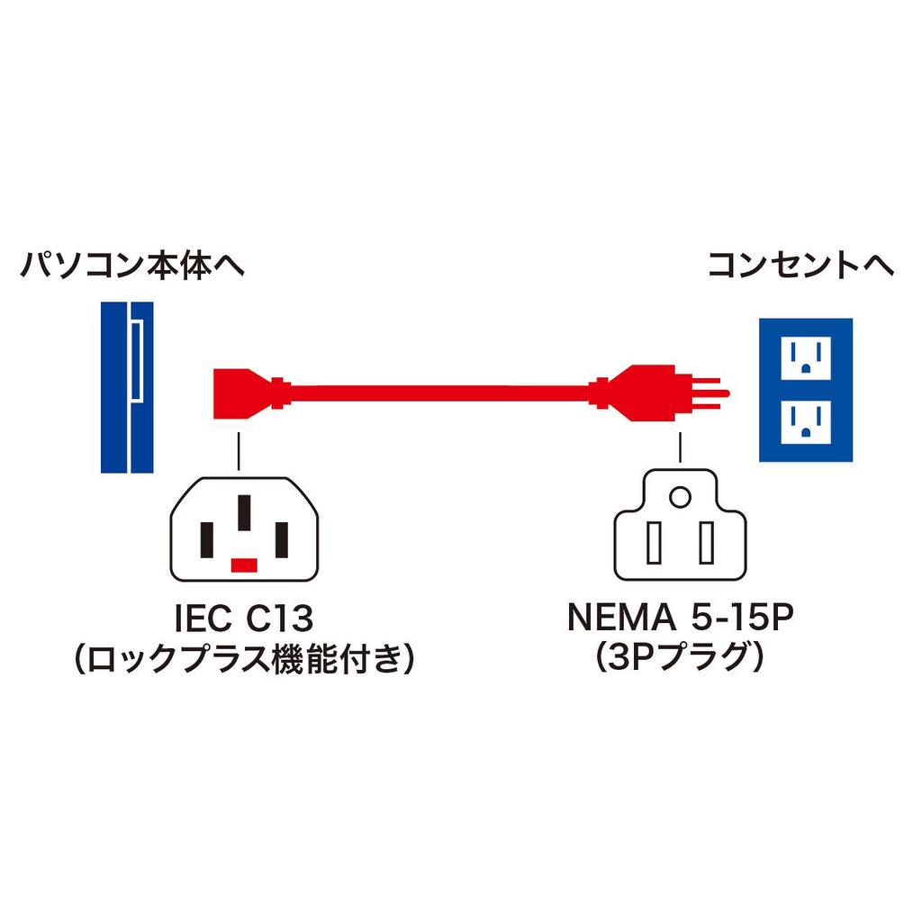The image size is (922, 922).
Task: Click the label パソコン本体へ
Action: click(x=132, y=267)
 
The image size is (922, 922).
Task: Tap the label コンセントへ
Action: click(x=800, y=267)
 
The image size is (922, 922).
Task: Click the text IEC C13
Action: click(x=243, y=619)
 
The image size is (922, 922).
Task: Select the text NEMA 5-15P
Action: click(x=681, y=619)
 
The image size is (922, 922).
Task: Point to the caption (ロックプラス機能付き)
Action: click(x=243, y=663)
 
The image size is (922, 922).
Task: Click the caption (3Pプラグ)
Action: click(x=681, y=663)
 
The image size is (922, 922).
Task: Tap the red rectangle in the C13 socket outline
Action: click(x=244, y=565)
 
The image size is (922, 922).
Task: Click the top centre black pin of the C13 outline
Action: click(x=244, y=513)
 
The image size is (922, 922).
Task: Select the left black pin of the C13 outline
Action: click(x=207, y=539)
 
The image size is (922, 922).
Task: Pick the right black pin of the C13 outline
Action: click(x=281, y=539)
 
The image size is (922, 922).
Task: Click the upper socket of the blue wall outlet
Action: click(x=805, y=357)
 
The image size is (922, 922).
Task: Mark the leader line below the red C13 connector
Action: click(x=239, y=450)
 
